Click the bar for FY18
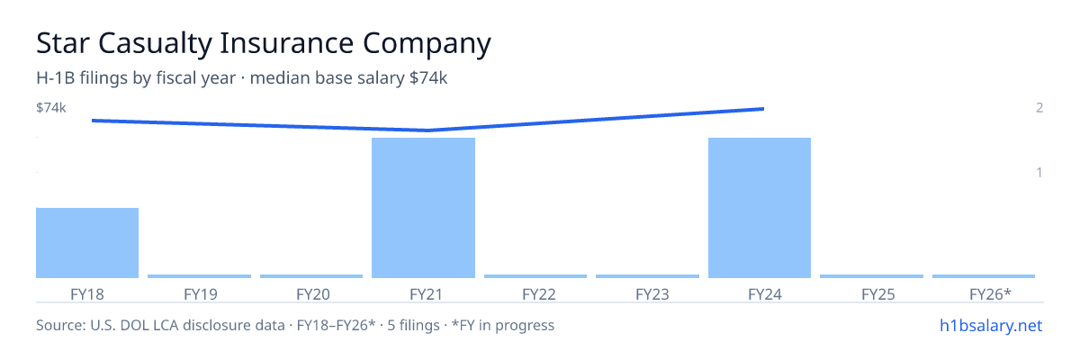(87, 243)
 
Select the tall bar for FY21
(423, 208)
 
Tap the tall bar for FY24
(760, 208)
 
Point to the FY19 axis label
(200, 294)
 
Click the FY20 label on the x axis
(313, 294)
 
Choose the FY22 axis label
(538, 294)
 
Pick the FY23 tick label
(652, 294)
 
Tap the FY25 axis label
(878, 294)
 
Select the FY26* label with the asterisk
(990, 294)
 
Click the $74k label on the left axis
(51, 107)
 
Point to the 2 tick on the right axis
(1039, 107)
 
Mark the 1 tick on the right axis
(1039, 172)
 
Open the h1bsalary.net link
(991, 325)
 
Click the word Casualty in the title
(155, 43)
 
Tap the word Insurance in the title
(287, 43)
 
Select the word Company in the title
(427, 44)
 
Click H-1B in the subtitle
(56, 77)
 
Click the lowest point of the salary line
(427, 130)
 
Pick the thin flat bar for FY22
(535, 276)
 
